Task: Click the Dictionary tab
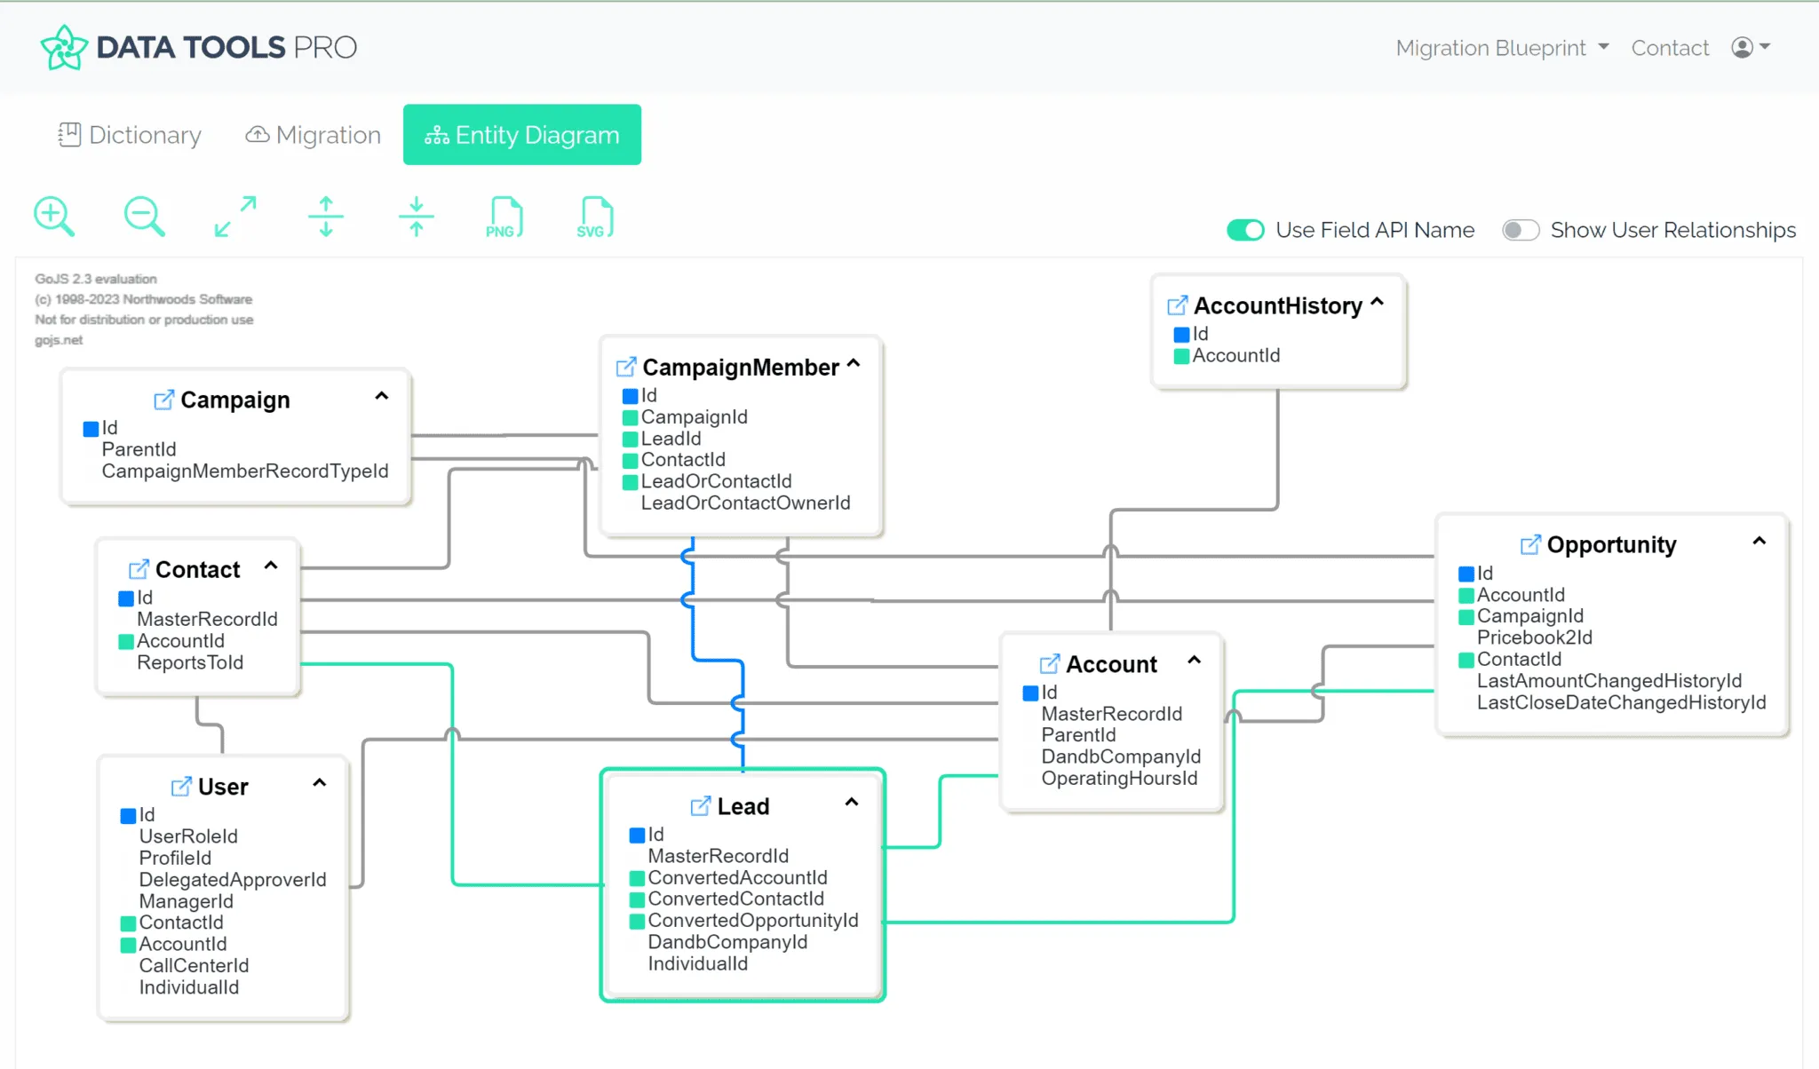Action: [130, 135]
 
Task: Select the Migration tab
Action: [314, 135]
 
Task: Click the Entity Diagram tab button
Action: [522, 135]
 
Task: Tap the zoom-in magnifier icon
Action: [53, 217]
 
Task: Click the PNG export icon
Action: [504, 218]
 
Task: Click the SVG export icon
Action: [594, 218]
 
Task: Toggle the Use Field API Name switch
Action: [1245, 230]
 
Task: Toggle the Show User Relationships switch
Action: [1520, 230]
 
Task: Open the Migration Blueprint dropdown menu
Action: [1502, 48]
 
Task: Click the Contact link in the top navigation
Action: [1670, 48]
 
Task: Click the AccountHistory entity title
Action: [1277, 305]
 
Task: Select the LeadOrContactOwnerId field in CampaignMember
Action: [745, 503]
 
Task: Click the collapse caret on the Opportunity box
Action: [1759, 541]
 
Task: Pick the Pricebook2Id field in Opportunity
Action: [1534, 637]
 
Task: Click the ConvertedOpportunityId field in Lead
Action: [752, 921]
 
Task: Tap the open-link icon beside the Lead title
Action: [701, 806]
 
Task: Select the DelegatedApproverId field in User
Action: [233, 880]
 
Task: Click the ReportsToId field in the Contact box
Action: [189, 662]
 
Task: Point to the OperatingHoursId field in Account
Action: [1119, 779]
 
